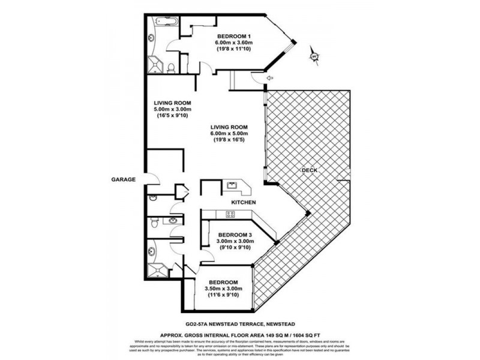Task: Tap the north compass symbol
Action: click(314, 57)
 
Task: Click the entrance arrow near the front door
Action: click(269, 78)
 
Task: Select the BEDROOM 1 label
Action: click(233, 35)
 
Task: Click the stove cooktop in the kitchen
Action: click(230, 214)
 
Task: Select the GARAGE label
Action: click(124, 179)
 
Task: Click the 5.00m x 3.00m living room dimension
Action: click(172, 109)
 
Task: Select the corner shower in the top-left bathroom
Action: click(157, 63)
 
